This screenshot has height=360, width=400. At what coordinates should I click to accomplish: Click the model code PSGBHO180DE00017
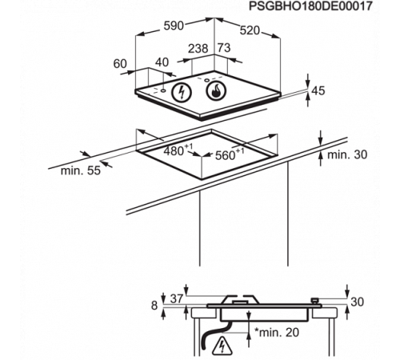[310, 6]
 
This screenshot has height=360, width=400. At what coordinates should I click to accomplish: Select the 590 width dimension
[174, 26]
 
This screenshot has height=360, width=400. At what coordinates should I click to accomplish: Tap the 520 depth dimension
[250, 30]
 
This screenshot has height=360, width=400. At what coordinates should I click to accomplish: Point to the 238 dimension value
[198, 49]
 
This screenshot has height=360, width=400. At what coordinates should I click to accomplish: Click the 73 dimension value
[224, 48]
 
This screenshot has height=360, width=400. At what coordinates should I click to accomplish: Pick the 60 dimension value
[120, 64]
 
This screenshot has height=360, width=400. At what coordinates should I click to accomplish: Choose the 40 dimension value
[162, 62]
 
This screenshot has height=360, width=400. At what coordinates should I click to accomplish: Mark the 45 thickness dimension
[318, 90]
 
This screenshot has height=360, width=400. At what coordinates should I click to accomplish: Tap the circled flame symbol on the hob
[216, 90]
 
